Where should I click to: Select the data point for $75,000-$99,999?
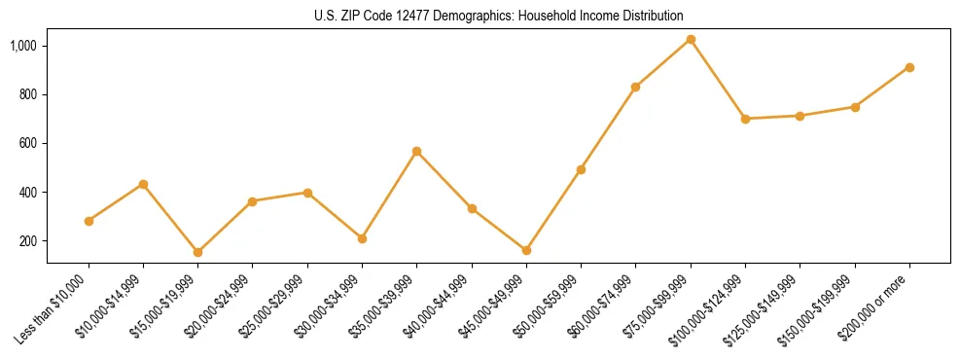point(691,40)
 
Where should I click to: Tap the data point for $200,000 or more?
point(909,67)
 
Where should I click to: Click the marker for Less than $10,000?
point(89,221)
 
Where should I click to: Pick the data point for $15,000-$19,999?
point(198,252)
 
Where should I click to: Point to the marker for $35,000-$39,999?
point(417,151)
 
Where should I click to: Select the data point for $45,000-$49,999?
point(526,250)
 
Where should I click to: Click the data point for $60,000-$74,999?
point(636,87)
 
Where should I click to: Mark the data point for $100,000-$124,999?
point(745,119)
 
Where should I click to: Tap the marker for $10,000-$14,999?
point(144,184)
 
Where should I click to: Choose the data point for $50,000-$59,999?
point(581,169)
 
